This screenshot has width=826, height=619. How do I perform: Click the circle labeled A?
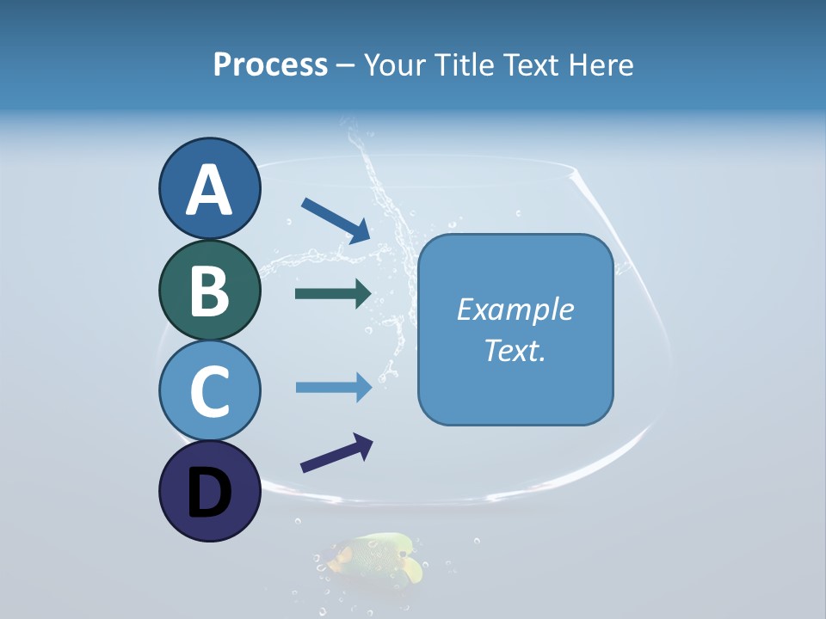tap(209, 188)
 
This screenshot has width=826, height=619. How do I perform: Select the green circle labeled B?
tap(209, 290)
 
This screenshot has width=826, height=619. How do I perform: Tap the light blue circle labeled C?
tap(209, 390)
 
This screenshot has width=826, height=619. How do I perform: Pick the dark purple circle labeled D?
tap(209, 491)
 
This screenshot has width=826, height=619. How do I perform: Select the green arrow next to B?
tap(334, 294)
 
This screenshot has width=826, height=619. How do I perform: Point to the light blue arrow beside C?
tap(334, 387)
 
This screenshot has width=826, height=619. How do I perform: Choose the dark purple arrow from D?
tap(336, 453)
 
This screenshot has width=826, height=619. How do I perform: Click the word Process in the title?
tap(270, 65)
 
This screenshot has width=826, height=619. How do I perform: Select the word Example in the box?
tap(515, 309)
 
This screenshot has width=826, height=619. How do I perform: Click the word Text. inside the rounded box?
tap(515, 350)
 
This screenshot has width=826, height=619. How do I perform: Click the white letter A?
tap(209, 190)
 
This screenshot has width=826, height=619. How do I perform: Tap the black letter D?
tap(209, 493)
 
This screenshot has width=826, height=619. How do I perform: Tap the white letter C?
tap(209, 392)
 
